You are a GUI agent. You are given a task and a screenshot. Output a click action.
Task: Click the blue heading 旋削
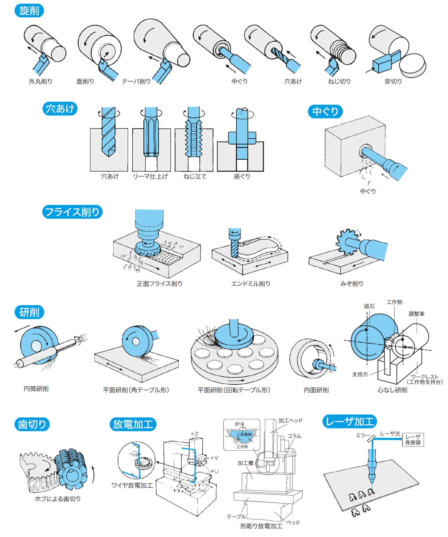[29, 11]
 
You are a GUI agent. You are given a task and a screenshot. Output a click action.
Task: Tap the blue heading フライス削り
[72, 212]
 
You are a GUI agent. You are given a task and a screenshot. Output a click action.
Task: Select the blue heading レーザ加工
[349, 421]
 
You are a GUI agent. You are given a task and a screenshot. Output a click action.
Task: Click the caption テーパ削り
[136, 81]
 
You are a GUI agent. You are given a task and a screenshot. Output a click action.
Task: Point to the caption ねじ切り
[339, 81]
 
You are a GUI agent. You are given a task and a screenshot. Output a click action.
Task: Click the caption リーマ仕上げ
[150, 176]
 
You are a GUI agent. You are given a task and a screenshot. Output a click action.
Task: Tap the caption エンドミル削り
[250, 284]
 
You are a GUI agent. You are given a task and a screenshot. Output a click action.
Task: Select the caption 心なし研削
[392, 390]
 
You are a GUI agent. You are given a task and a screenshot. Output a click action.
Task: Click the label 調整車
[416, 314]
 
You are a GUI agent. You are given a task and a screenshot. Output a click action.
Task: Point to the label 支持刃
[360, 374]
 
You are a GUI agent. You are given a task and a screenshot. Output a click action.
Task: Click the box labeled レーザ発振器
[413, 440]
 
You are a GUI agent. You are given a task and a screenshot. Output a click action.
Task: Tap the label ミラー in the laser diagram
[363, 435]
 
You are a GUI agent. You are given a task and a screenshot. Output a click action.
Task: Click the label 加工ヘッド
[290, 421]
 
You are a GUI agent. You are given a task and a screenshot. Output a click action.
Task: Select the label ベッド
[293, 522]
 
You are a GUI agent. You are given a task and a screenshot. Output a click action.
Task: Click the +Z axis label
[194, 434]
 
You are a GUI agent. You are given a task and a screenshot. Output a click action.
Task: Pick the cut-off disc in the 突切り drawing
[413, 65]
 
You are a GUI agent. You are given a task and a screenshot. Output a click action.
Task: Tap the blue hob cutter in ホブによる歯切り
[71, 468]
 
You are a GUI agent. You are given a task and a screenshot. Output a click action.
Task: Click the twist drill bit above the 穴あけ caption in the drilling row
[108, 132]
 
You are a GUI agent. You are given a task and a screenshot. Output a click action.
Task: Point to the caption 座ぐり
[242, 176]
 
